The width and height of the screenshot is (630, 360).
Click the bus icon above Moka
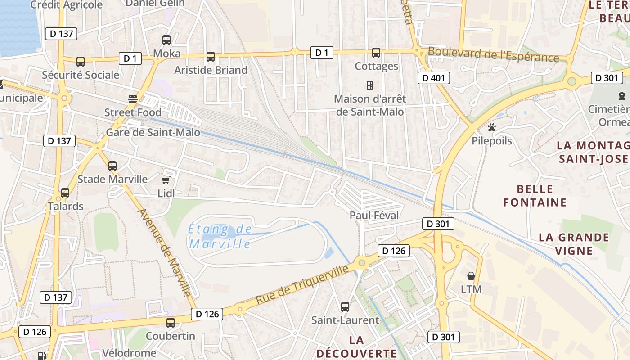(166, 40)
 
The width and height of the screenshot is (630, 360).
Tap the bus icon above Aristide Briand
(211, 57)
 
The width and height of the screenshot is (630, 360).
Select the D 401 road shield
(434, 78)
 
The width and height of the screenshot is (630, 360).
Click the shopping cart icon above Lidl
(166, 180)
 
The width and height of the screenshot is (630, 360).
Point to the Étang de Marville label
(220, 237)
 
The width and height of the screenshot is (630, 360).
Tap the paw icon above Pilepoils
(492, 127)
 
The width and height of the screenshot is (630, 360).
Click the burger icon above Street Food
(133, 99)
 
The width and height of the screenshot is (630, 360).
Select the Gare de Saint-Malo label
(153, 132)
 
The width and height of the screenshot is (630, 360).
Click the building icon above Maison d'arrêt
(370, 85)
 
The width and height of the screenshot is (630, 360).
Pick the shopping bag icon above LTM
(471, 275)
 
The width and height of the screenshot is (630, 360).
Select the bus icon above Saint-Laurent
(345, 307)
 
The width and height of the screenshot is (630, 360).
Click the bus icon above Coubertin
(171, 322)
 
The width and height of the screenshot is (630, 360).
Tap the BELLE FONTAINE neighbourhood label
(535, 196)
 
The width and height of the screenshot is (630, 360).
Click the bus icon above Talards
(65, 193)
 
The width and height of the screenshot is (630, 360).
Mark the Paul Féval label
(374, 216)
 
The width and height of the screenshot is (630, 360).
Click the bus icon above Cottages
(376, 53)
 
